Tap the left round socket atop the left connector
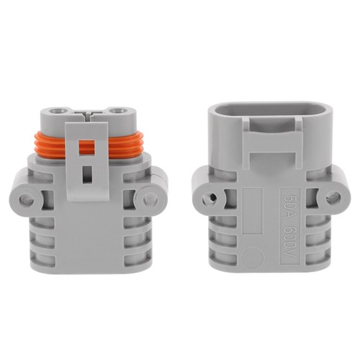tap(56, 113)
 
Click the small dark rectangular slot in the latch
tap(87, 174)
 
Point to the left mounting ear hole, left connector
tap(26, 197)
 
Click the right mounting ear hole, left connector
tap(150, 197)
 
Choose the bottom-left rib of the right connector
tap(222, 267)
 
